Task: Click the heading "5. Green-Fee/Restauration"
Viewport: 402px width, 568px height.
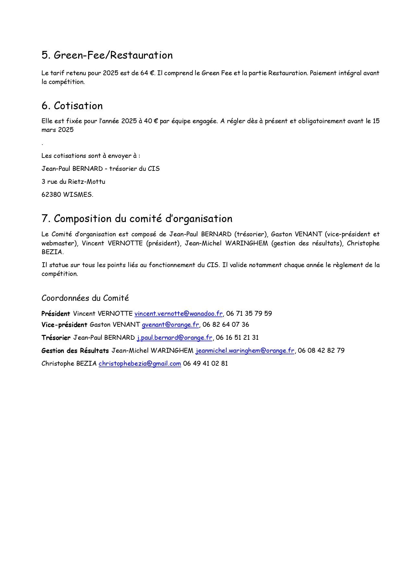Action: [x=107, y=55]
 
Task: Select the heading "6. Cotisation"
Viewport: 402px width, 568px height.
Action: [x=72, y=106]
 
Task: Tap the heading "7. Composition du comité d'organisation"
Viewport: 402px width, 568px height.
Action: [x=137, y=219]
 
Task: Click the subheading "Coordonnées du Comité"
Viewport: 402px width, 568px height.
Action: [x=85, y=298]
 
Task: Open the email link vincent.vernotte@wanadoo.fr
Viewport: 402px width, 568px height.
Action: [x=178, y=314]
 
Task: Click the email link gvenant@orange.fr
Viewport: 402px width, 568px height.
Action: [x=170, y=325]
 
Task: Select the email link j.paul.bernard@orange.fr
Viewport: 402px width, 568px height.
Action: [x=174, y=337]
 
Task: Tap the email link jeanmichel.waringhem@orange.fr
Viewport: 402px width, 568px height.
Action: [x=245, y=350]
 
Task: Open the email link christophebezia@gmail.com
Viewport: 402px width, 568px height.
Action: [x=140, y=363]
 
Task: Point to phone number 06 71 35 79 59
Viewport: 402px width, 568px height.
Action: [x=249, y=314]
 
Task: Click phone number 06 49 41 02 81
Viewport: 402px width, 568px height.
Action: [x=206, y=363]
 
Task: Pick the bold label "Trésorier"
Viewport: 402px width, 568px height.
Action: [x=56, y=337]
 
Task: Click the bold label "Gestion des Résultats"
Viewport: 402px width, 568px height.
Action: [x=75, y=350]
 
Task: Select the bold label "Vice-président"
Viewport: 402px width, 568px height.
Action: [x=64, y=325]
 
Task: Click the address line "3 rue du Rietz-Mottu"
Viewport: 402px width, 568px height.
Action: [x=73, y=182]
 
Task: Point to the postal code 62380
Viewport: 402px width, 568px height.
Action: [x=51, y=195]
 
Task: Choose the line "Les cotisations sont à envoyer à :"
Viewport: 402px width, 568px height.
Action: [x=91, y=156]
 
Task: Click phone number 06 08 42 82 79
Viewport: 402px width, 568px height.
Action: [x=321, y=350]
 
